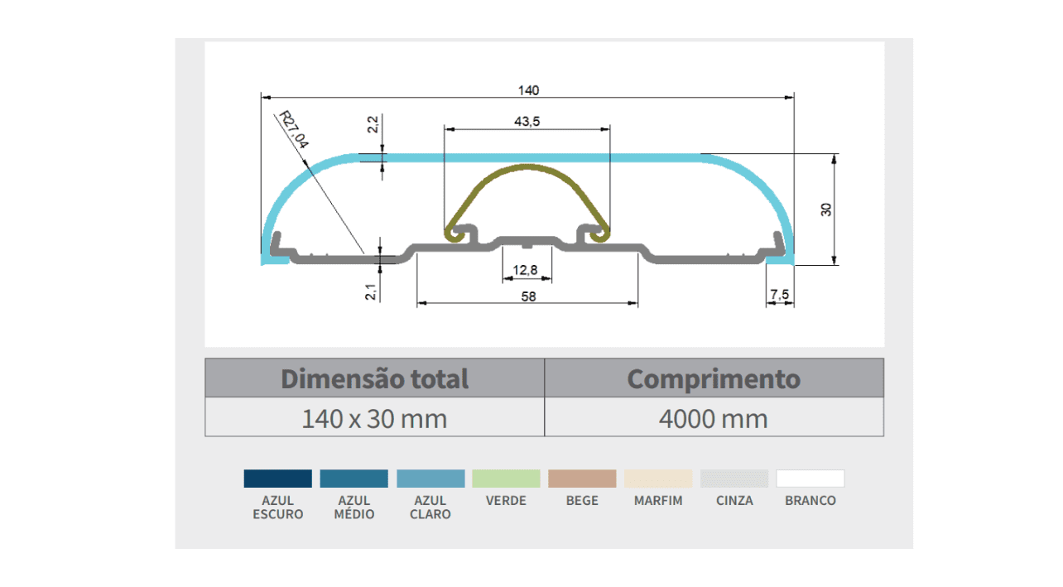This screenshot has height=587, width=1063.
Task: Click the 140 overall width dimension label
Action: pos(528,90)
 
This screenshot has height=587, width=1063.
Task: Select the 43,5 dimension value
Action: pos(527,122)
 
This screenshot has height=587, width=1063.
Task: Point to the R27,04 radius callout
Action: pos(294,129)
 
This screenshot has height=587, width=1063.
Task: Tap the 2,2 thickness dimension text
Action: pos(373,124)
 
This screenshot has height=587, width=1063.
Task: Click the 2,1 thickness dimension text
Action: pos(371,291)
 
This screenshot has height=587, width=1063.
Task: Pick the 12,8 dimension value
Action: pos(525,270)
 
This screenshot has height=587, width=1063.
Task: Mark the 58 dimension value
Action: pos(528,296)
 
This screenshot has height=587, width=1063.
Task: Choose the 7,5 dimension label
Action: pos(780,295)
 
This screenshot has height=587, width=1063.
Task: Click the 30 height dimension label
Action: pos(826,209)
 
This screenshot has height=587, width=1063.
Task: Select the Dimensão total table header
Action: pos(374,378)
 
